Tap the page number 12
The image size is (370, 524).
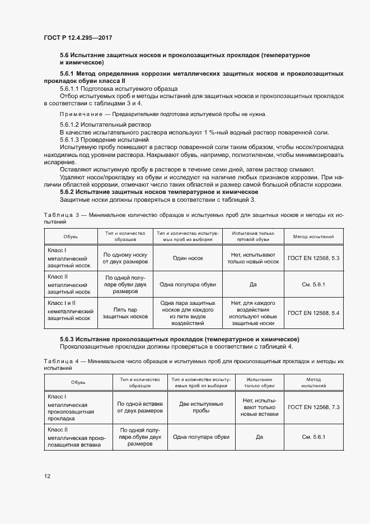pyautogui.click(x=48, y=476)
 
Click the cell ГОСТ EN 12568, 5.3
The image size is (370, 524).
pyautogui.click(x=313, y=257)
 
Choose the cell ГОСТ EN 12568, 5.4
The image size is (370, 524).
pyautogui.click(x=313, y=312)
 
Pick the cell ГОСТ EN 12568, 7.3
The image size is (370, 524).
pyautogui.click(x=313, y=406)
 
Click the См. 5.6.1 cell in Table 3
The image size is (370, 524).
pyautogui.click(x=313, y=285)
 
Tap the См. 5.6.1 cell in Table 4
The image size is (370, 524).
pyautogui.click(x=313, y=437)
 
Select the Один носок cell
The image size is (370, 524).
pyautogui.click(x=188, y=257)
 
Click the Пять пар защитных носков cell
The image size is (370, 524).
pyautogui.click(x=125, y=312)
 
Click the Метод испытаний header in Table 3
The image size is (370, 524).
pyautogui.click(x=313, y=236)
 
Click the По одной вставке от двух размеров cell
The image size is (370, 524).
pyautogui.click(x=139, y=406)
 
